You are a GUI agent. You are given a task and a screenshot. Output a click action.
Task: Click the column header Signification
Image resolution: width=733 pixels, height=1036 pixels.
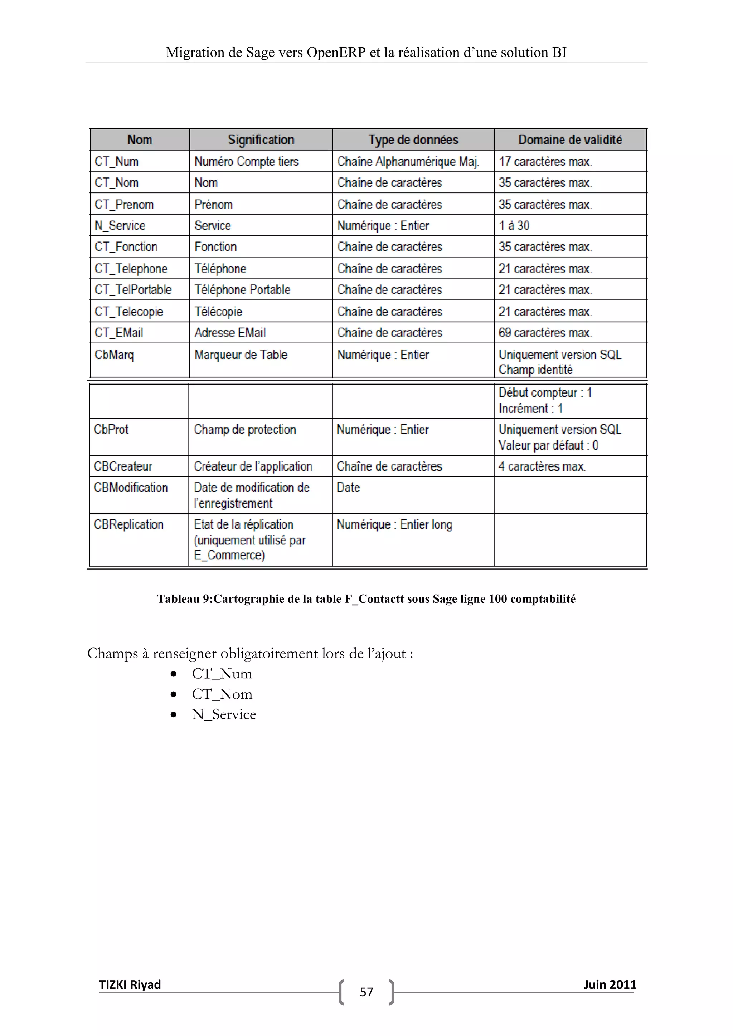click(261, 140)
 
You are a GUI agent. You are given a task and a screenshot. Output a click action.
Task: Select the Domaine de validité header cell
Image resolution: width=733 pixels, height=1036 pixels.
click(570, 140)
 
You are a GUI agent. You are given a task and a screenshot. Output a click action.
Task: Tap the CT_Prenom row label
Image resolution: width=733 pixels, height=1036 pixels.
click(125, 205)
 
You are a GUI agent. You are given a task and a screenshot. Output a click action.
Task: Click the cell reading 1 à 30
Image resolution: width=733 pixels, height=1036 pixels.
click(514, 226)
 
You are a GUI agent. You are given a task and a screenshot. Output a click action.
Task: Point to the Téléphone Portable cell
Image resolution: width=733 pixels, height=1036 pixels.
click(242, 290)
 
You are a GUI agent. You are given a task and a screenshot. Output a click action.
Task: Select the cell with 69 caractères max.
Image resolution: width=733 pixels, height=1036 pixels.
click(545, 333)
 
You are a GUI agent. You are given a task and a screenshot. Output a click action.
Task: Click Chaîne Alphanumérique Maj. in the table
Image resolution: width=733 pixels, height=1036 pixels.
click(408, 162)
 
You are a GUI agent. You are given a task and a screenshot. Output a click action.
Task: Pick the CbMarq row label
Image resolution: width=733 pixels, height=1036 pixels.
click(114, 355)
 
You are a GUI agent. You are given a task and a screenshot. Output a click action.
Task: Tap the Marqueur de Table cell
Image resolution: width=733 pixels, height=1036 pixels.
click(241, 355)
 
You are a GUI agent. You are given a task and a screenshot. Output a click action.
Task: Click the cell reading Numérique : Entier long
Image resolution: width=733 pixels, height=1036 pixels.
click(394, 525)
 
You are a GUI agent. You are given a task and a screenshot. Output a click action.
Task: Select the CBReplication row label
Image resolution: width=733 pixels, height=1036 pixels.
click(128, 525)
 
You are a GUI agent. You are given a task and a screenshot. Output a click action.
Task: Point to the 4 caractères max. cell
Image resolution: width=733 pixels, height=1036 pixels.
click(542, 466)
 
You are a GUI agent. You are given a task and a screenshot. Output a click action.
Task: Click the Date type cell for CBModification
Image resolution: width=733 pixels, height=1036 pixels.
click(349, 488)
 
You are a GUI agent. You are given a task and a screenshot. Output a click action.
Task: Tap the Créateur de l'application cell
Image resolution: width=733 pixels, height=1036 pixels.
click(253, 466)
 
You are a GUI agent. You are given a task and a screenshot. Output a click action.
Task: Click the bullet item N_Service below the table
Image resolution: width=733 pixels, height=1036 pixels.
click(224, 715)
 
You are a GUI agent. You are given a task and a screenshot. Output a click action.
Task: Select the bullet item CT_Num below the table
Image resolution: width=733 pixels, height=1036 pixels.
click(222, 674)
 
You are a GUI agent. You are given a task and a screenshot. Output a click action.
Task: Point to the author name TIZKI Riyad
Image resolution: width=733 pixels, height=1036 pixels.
click(130, 984)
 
